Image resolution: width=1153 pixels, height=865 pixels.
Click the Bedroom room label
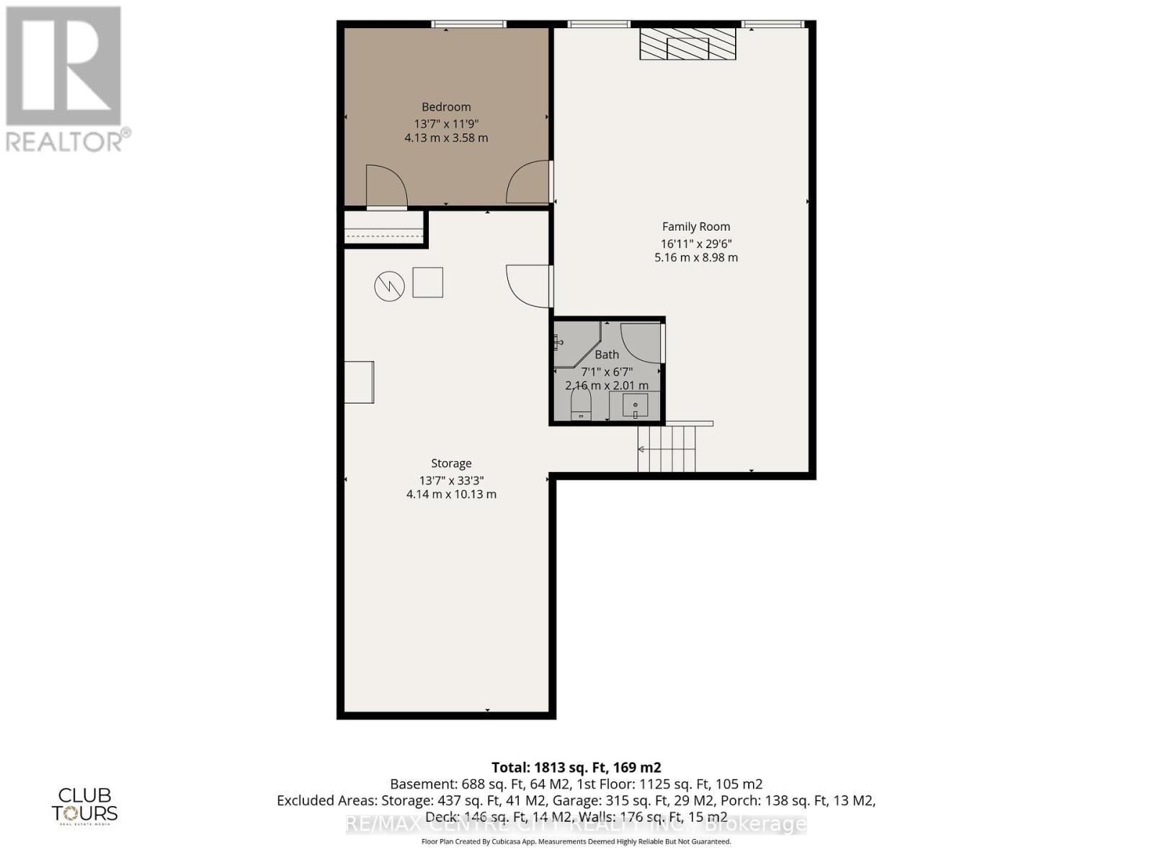(x=446, y=107)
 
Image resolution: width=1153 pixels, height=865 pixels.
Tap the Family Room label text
(x=695, y=226)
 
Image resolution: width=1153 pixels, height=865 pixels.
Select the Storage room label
(x=451, y=463)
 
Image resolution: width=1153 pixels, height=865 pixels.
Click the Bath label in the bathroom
(x=607, y=355)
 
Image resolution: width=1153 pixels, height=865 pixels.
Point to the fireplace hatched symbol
(x=687, y=44)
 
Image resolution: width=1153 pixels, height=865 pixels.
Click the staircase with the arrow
(x=667, y=448)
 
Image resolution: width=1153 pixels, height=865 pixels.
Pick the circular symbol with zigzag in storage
(x=389, y=286)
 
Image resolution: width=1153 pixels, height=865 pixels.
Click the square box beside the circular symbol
(x=427, y=282)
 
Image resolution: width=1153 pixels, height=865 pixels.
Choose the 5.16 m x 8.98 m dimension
(x=695, y=257)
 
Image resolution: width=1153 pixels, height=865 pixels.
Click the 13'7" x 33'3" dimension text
(x=451, y=480)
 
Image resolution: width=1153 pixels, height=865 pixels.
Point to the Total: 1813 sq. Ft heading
(x=576, y=768)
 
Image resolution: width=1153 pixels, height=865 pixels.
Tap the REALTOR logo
(x=65, y=79)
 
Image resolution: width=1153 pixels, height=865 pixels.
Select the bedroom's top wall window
(x=468, y=25)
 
